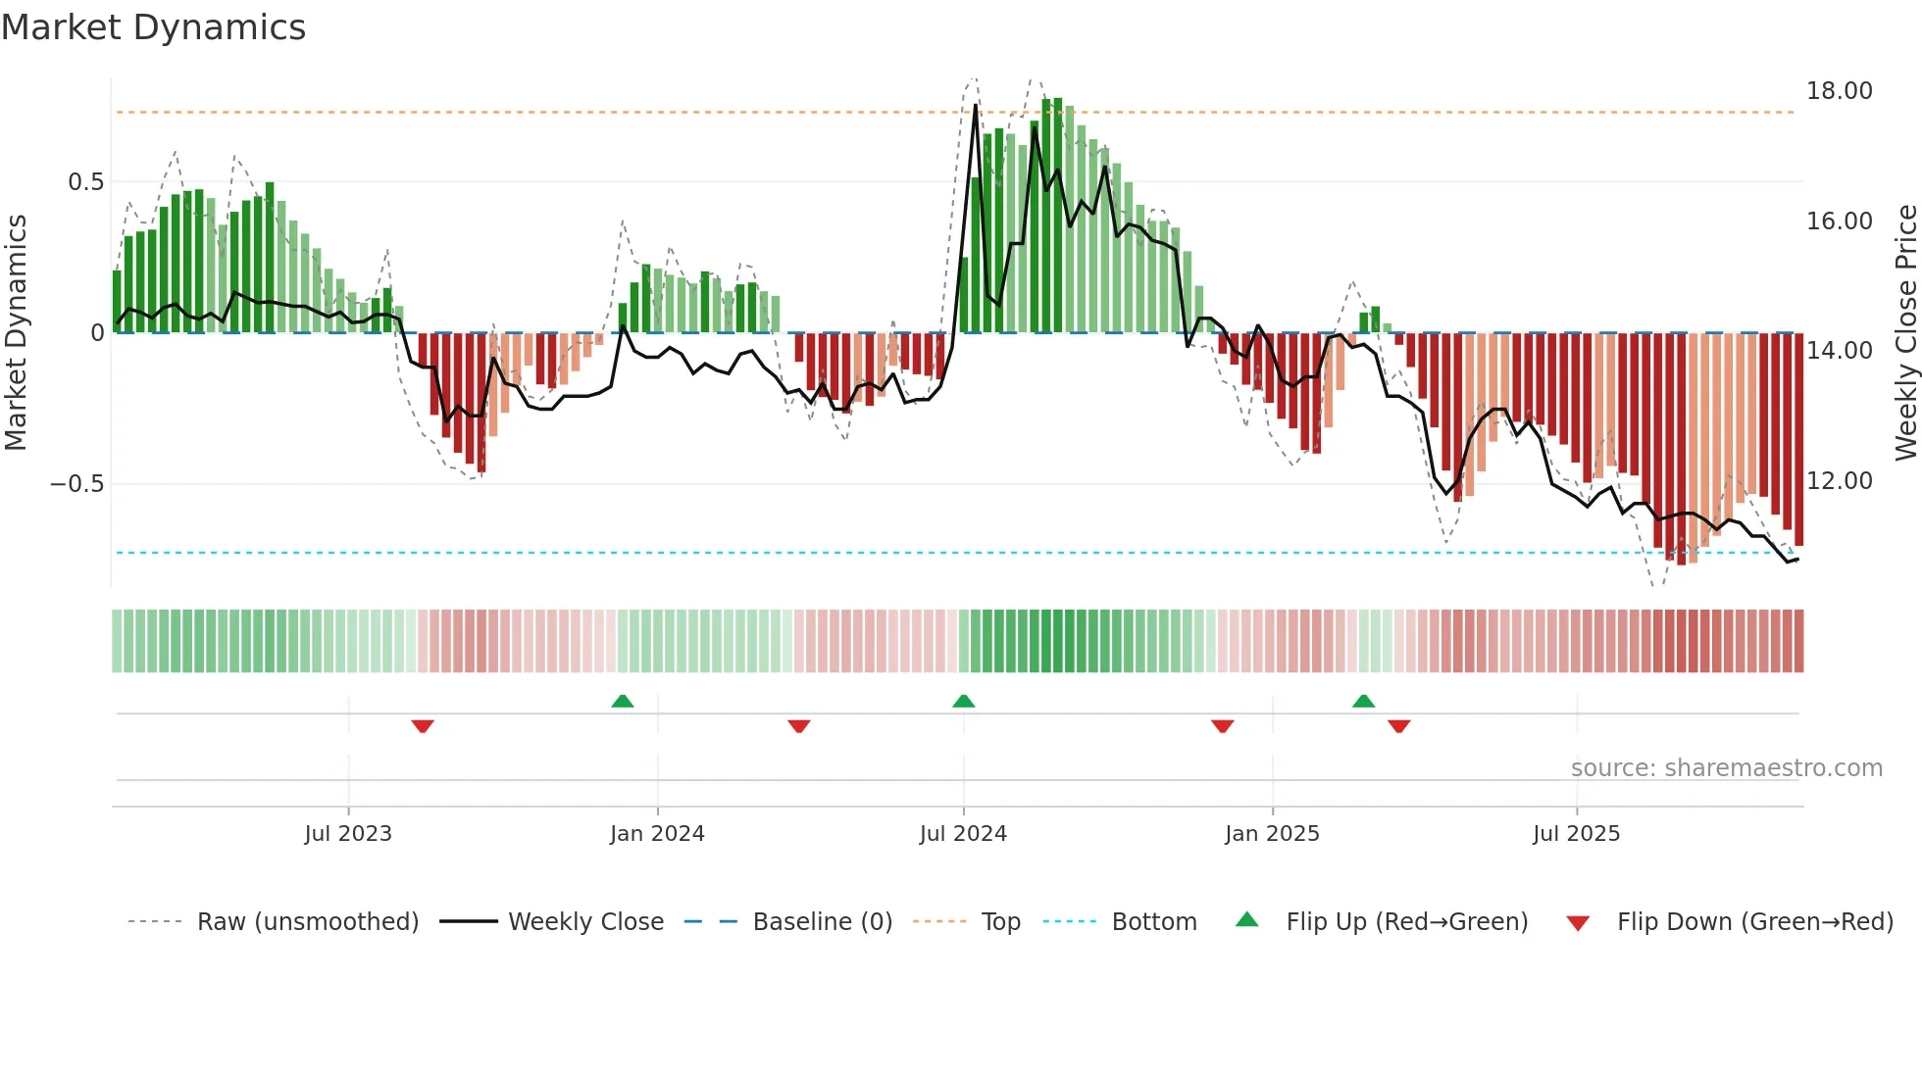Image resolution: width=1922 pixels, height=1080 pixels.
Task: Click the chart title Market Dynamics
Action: [x=153, y=27]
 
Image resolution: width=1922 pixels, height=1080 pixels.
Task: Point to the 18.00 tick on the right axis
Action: [x=1839, y=91]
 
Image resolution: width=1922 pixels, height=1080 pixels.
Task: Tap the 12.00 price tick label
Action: [x=1839, y=481]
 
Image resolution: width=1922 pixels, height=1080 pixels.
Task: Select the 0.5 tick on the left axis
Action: [x=85, y=182]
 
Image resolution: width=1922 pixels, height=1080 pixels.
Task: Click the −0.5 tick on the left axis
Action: [x=76, y=484]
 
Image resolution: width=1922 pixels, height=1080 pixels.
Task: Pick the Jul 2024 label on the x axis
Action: [x=963, y=834]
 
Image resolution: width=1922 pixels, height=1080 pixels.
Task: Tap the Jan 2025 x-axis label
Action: [x=1272, y=834]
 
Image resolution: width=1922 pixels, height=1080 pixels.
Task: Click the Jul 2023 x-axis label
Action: [x=348, y=834]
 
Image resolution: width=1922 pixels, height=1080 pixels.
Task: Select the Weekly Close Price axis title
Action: [x=1905, y=333]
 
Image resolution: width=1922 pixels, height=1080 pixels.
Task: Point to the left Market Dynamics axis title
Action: [x=16, y=333]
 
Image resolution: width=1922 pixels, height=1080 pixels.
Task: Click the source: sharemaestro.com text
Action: [x=1726, y=768]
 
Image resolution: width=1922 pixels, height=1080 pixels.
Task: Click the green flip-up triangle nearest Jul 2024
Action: [x=963, y=701]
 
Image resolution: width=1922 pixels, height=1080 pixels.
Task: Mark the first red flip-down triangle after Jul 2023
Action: [x=423, y=726]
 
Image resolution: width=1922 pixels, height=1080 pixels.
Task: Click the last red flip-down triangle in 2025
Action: [x=1398, y=726]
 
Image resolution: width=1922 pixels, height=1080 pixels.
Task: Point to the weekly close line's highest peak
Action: [x=975, y=106]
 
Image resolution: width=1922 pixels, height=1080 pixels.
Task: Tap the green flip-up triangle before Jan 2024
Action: [x=622, y=701]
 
